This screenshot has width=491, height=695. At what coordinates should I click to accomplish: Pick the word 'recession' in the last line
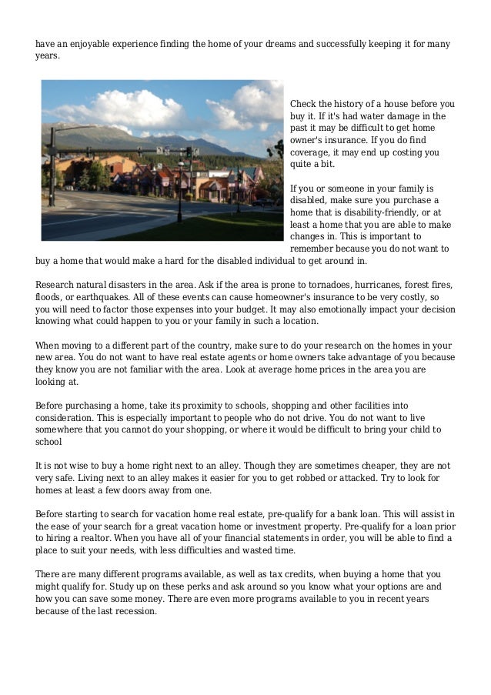132,611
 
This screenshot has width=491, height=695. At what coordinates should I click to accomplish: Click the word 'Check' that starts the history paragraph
302,103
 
